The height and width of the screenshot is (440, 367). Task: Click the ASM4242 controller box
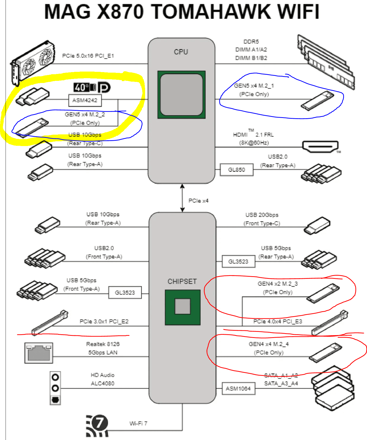pyautogui.click(x=85, y=100)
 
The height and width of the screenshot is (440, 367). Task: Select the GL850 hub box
pyautogui.click(x=236, y=170)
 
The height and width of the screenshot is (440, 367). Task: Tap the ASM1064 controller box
pyautogui.click(x=238, y=389)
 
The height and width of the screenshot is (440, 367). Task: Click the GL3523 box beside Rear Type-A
pyautogui.click(x=238, y=262)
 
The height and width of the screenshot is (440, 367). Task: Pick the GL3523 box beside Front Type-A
pyautogui.click(x=125, y=293)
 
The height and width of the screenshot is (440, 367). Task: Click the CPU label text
pyautogui.click(x=181, y=52)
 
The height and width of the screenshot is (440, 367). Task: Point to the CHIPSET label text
pyautogui.click(x=182, y=281)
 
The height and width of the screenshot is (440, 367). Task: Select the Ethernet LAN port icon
pyautogui.click(x=39, y=353)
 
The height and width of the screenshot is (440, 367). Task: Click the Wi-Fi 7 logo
pyautogui.click(x=97, y=426)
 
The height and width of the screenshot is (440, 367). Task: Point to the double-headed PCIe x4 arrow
pyautogui.click(x=182, y=198)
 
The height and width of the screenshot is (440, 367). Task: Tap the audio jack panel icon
pyautogui.click(x=55, y=388)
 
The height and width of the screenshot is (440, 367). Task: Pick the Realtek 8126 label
pyautogui.click(x=103, y=344)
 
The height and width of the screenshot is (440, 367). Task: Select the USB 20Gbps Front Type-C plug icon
pyautogui.click(x=317, y=226)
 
